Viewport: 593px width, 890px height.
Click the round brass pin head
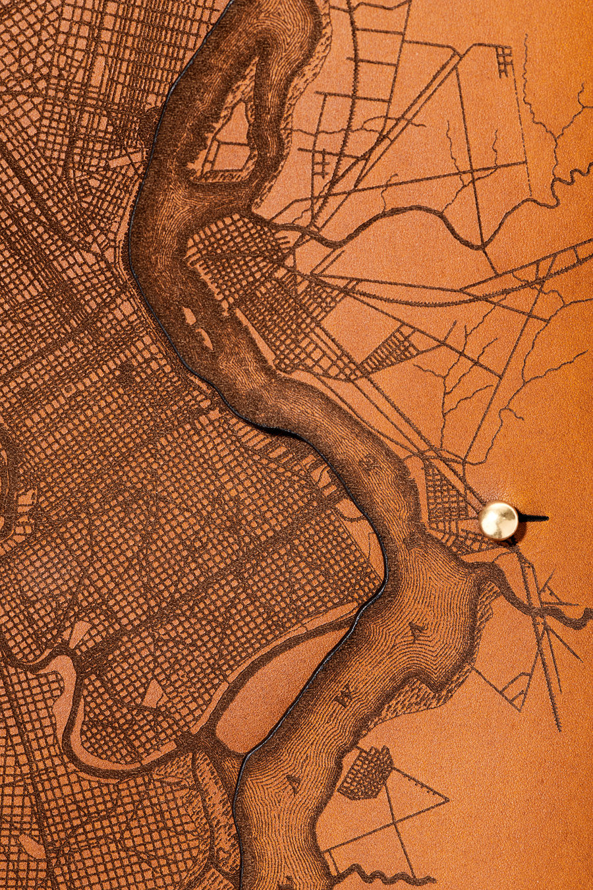click(x=498, y=520)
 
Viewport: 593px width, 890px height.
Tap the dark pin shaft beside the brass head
click(x=534, y=518)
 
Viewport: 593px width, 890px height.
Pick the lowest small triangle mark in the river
click(x=292, y=783)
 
